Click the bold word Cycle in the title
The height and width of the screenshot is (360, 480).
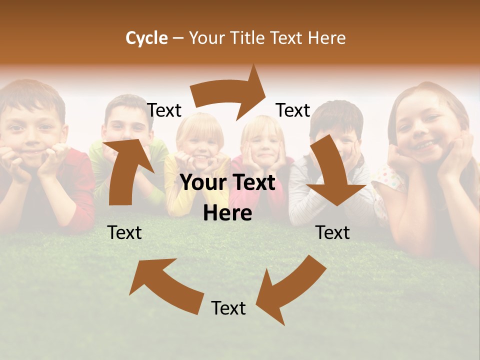coord(146,37)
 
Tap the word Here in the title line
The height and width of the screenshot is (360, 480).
coord(326,37)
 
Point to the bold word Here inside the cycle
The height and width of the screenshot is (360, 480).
coord(227,213)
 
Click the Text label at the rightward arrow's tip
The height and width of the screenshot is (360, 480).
coord(293,110)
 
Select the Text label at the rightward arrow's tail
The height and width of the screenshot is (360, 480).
coord(164,110)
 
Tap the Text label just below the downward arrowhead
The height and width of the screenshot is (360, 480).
coord(333,232)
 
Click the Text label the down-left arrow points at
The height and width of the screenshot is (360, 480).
coord(228,308)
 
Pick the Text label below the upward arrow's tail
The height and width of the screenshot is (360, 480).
coord(124,232)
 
